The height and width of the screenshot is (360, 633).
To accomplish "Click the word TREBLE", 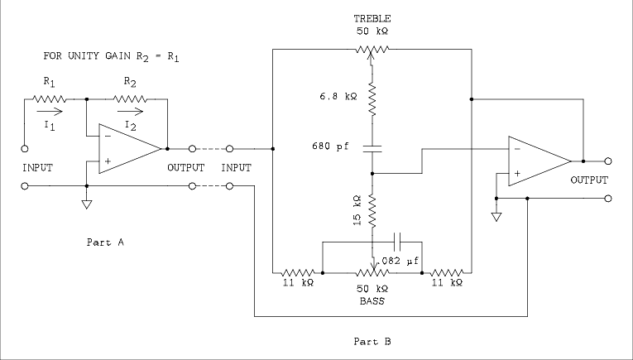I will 372,17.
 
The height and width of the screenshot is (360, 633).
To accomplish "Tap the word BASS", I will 372,302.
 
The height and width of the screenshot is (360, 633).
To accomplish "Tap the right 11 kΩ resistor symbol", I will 446,271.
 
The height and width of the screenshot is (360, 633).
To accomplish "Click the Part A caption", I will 104,242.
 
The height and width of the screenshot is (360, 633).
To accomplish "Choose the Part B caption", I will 372,340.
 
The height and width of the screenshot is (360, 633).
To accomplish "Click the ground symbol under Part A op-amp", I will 87,204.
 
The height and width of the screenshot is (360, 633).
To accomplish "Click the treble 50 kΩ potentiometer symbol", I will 372,50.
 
